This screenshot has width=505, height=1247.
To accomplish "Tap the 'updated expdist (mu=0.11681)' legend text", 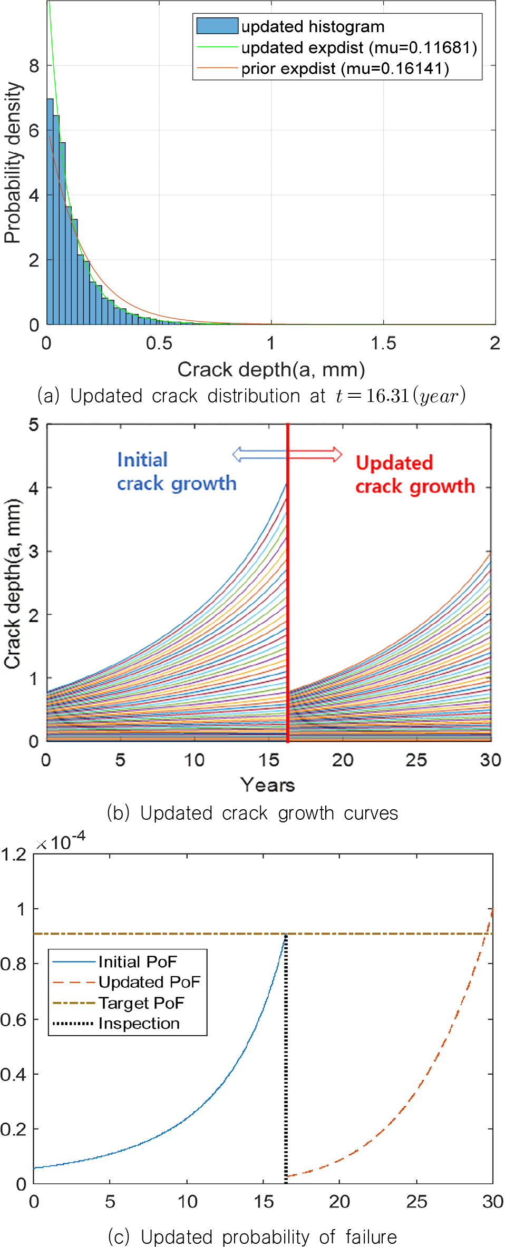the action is click(359, 47).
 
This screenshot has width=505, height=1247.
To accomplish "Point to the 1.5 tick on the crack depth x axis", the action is click(383, 343).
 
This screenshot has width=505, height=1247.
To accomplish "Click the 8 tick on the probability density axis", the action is click(34, 66).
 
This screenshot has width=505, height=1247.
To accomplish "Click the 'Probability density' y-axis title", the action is click(13, 162).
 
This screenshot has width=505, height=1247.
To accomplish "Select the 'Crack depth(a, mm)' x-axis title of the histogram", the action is click(271, 369).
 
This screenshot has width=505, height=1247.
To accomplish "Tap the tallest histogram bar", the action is click(50, 211).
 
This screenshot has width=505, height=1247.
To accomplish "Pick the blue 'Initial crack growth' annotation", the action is click(177, 472).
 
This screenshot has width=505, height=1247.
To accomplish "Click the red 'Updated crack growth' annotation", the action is click(415, 475).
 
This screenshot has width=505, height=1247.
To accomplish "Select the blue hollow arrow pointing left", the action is click(259, 454).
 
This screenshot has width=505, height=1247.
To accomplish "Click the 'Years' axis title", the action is click(267, 785).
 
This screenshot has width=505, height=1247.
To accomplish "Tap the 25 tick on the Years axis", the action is click(416, 760).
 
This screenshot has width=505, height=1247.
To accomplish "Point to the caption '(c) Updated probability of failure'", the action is click(252, 1236).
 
